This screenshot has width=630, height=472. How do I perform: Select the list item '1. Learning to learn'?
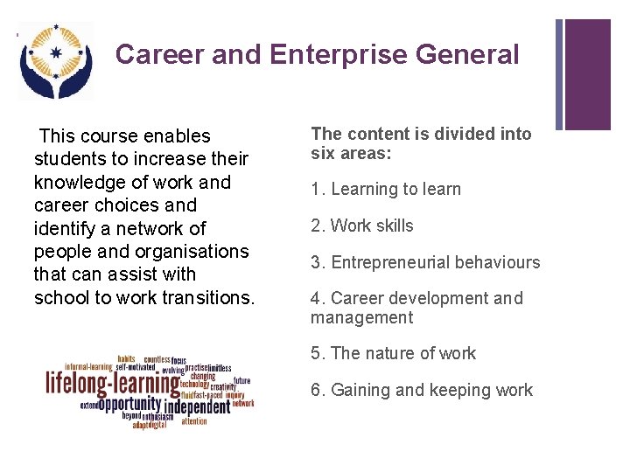coord(385,190)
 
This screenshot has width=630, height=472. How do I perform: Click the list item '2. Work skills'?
coord(361,226)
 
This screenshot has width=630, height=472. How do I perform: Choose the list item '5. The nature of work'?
coord(393,354)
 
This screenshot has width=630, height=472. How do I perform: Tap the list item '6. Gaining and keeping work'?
coord(421,391)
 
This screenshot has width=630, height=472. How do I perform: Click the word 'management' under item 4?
coord(360,318)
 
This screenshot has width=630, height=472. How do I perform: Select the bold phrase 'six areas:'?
coord(351,153)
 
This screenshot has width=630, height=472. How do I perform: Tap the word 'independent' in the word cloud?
coord(197,407)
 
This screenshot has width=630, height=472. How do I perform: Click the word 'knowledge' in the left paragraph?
coord(73,183)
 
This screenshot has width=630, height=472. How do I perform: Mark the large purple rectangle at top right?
coord(587,74)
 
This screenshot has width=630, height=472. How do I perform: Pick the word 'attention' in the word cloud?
coord(194,421)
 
